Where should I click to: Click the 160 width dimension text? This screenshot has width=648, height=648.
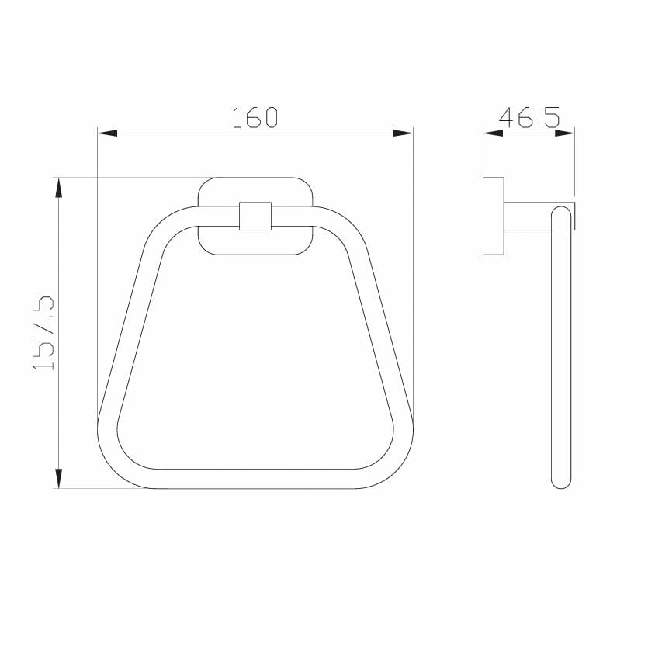tap(255, 117)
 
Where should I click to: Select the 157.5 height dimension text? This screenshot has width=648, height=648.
tap(43, 332)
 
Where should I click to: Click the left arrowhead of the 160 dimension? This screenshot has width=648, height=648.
tap(106, 133)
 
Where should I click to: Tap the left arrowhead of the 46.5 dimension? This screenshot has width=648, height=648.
tap(492, 133)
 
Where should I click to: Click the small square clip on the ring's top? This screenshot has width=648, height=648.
tap(255, 216)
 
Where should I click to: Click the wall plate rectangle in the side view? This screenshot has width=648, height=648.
tap(493, 216)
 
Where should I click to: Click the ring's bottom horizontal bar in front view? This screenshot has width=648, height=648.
tap(255, 479)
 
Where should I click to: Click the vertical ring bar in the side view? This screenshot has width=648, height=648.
tap(561, 349)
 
